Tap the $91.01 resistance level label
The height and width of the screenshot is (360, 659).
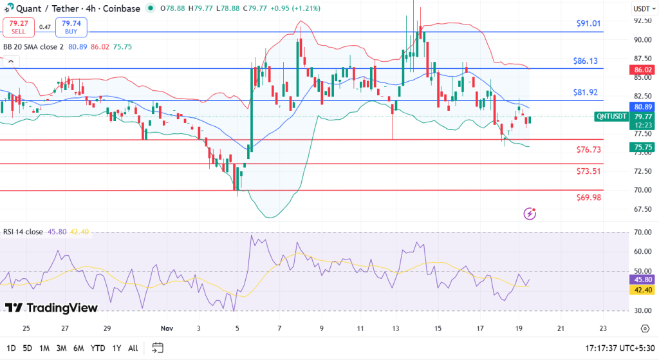click(x=588, y=23)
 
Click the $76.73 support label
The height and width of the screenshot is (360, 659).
click(x=589, y=149)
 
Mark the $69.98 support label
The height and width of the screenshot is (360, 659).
click(x=589, y=197)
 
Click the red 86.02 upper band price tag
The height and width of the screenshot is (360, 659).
click(x=643, y=69)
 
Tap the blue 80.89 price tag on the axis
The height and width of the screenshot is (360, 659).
click(x=643, y=106)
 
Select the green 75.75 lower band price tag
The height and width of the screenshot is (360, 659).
click(x=643, y=147)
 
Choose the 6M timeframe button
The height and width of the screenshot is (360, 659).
click(x=79, y=348)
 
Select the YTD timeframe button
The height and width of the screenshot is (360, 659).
click(x=97, y=348)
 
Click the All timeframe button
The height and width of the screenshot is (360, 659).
click(x=133, y=348)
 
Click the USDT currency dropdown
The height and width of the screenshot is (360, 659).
click(x=642, y=9)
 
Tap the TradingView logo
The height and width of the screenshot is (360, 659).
click(x=51, y=308)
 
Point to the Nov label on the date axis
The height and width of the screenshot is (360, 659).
click(x=167, y=328)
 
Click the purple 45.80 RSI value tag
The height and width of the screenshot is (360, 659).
click(x=643, y=280)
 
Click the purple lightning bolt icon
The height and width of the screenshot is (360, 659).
click(x=530, y=213)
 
